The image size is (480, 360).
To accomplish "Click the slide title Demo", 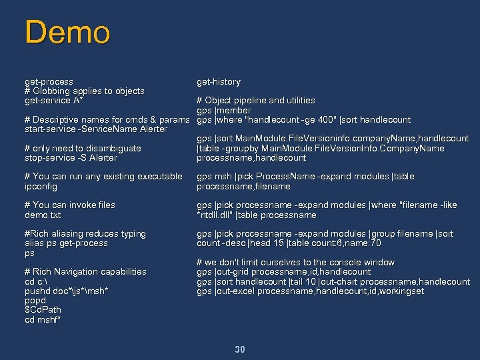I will pyautogui.click(x=67, y=33).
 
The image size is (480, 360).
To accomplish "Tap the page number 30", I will pyautogui.click(x=240, y=349).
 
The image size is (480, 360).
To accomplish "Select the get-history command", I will pyautogui.click(x=218, y=82).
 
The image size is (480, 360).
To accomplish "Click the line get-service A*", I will pyautogui.click(x=53, y=101).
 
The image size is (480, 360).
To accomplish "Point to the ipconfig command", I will pyautogui.click(x=41, y=187).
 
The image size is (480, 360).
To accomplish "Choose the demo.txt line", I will pyautogui.click(x=42, y=215).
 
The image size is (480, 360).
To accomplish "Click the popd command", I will pyautogui.click(x=35, y=301).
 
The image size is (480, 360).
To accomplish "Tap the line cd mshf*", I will pyautogui.click(x=43, y=320).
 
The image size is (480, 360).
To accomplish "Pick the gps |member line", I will pyautogui.click(x=223, y=111).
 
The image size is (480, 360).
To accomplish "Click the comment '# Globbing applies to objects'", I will pyautogui.click(x=84, y=91).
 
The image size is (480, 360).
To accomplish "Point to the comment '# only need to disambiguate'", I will pyautogui.click(x=83, y=149).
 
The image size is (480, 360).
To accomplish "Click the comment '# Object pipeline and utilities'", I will pyautogui.click(x=255, y=101).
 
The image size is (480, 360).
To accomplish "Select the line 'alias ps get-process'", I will pyautogui.click(x=65, y=243).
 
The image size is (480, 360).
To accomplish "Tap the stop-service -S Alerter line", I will pyautogui.click(x=70, y=158).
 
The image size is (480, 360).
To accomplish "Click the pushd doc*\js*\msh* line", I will pyautogui.click(x=66, y=291).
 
